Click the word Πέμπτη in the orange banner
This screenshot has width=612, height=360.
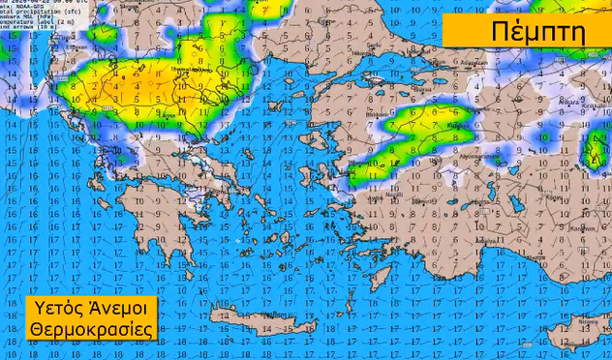pos(526,30)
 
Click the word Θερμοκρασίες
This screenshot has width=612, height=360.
pos(92,330)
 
